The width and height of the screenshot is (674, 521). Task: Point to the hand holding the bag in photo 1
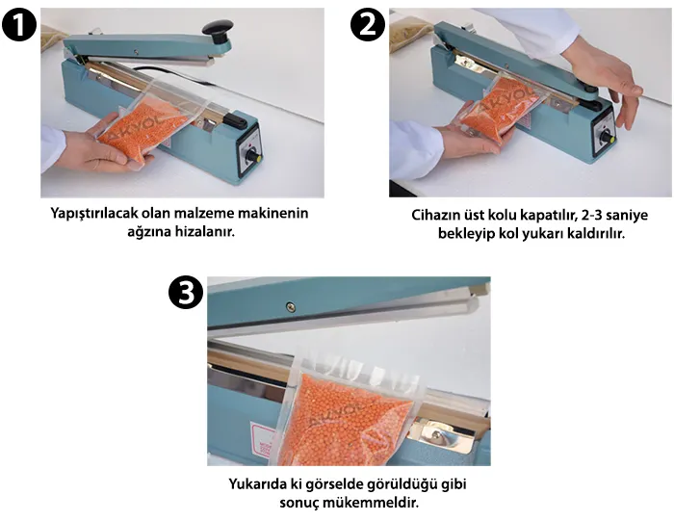[x=91, y=144]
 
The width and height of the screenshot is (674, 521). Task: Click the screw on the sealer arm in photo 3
[x=290, y=306]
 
